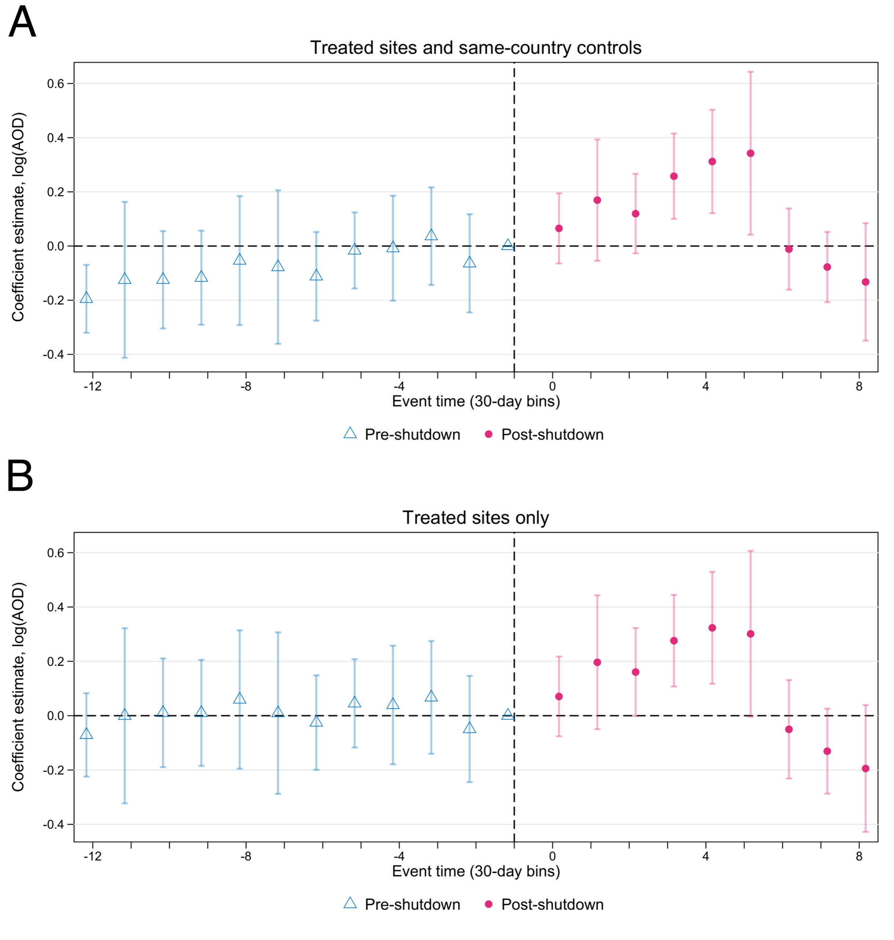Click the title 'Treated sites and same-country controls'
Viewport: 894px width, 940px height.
point(475,48)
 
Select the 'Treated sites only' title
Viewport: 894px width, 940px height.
point(475,517)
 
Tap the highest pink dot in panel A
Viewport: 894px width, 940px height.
point(751,153)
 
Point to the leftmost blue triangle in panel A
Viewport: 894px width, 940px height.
point(86,297)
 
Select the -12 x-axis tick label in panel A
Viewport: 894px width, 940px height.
point(92,386)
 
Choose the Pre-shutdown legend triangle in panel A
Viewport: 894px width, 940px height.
point(350,433)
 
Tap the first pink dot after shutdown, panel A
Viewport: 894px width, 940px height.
point(559,228)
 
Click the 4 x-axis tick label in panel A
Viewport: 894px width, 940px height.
point(706,386)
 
